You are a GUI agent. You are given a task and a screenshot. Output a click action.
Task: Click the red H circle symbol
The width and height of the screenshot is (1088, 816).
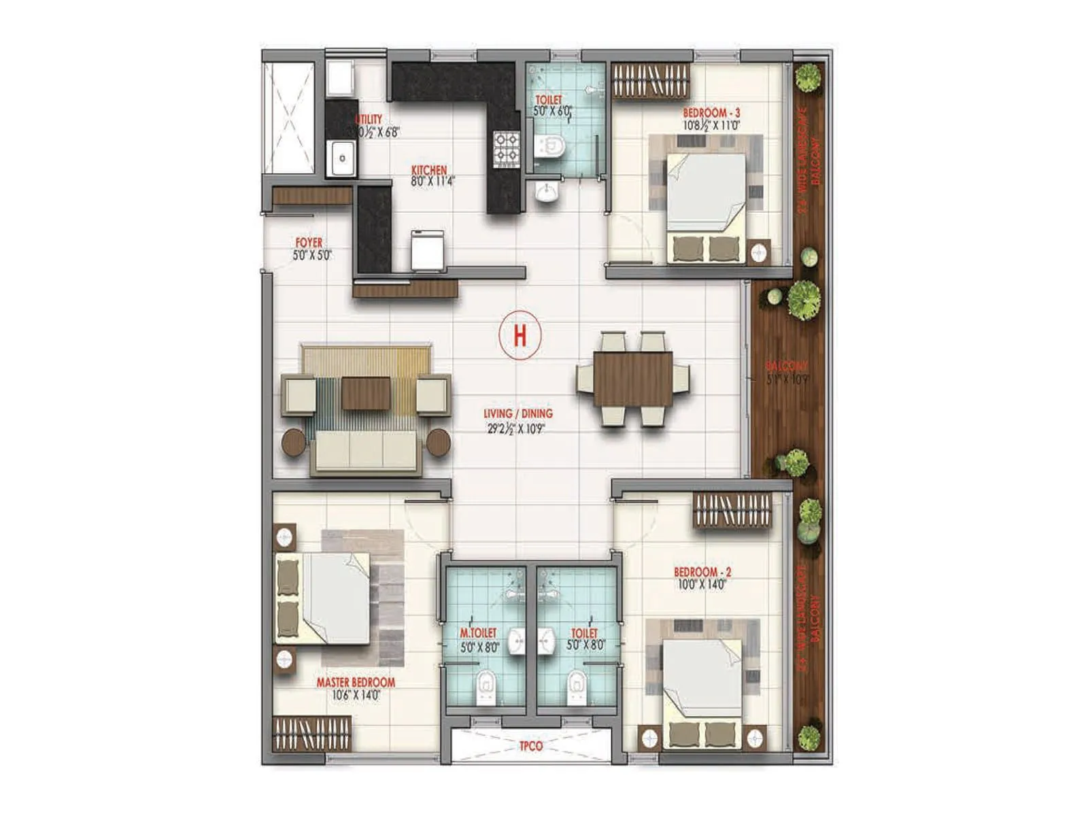tap(520, 335)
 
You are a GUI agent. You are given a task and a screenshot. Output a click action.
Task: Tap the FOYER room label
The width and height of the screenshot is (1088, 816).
tap(309, 243)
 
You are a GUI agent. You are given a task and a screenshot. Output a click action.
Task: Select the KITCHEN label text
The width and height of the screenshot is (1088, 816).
tap(429, 170)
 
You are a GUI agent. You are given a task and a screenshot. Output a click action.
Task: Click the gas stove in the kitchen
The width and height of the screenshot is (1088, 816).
tap(506, 148)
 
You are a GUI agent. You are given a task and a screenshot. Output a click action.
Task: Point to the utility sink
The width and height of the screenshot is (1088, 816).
tap(342, 158)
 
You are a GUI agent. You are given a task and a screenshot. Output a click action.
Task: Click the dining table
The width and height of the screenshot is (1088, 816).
tap(633, 379)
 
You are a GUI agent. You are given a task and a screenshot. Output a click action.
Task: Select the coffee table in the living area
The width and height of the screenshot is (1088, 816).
tap(366, 394)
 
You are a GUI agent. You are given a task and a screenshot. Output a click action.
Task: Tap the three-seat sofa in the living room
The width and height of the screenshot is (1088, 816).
tap(365, 452)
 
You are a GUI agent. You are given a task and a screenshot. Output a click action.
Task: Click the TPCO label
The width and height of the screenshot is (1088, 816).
tap(531, 746)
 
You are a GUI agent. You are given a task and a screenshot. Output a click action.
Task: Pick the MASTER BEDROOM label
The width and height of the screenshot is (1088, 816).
tap(356, 682)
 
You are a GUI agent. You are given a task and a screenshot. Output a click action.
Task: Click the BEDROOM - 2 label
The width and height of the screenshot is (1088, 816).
tap(702, 572)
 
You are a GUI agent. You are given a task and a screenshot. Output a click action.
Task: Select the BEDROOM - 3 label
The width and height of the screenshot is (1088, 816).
tap(711, 113)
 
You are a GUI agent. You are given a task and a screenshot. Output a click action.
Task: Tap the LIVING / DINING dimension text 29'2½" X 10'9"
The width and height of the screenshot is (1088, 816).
tap(517, 428)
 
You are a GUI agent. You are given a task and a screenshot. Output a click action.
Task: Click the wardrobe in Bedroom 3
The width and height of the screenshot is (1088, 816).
tap(651, 81)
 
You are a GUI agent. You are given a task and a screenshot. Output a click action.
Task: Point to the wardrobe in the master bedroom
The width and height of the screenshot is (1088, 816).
tap(312, 734)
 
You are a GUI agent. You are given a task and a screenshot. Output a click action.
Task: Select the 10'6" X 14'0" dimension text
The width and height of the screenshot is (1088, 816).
tap(356, 695)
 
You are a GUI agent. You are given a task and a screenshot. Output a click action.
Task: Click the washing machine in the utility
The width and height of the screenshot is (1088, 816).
tap(339, 78)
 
